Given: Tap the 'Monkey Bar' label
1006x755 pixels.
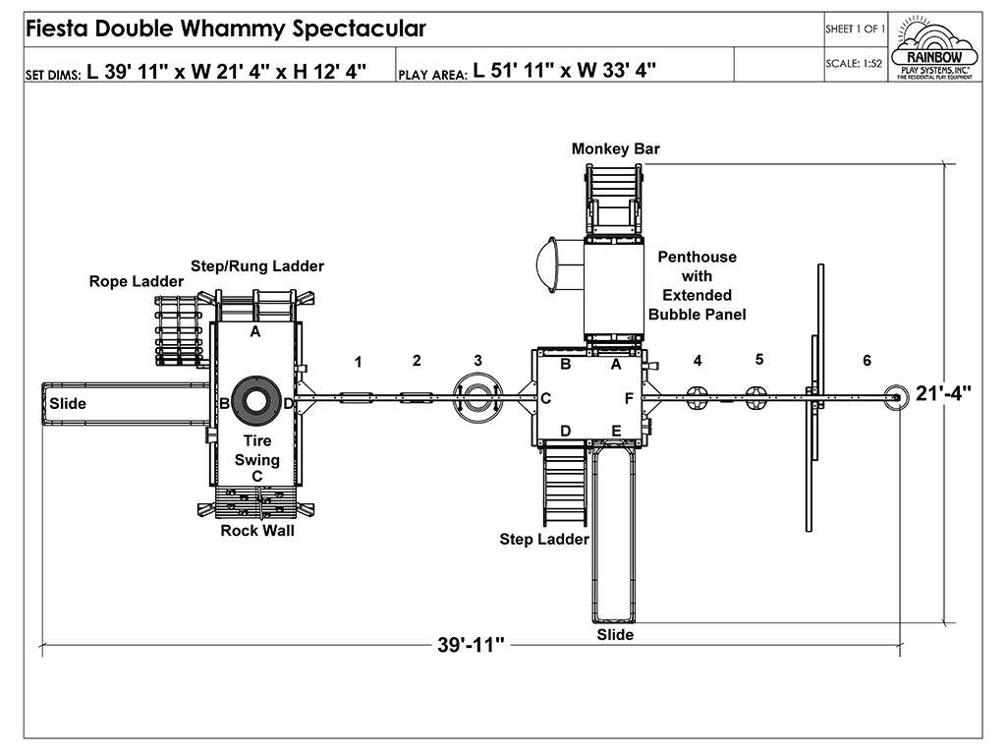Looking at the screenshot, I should coord(616,148).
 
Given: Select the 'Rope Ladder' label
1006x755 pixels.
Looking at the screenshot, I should coord(136,281).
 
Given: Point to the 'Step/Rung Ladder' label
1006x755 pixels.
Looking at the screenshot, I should coord(256,265).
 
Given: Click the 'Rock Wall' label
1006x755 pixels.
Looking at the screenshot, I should coord(256,531).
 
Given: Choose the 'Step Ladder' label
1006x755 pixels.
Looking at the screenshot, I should coord(543,539).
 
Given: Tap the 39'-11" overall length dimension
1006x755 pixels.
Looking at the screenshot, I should coord(471,645).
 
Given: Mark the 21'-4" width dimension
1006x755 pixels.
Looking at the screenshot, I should coord(945,393).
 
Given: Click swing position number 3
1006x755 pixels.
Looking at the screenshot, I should coord(477,360).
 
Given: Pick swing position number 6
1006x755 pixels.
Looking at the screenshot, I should coord(866,361).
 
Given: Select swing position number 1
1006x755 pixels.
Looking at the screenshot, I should coord(358,362).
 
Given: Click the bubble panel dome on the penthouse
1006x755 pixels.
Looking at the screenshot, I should coord(545,263).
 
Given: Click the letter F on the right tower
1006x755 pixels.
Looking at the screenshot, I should coord(629,398).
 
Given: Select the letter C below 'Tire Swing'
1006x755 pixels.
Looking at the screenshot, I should coord(256,476).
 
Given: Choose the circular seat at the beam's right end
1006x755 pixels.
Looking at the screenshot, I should coord(895,397).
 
